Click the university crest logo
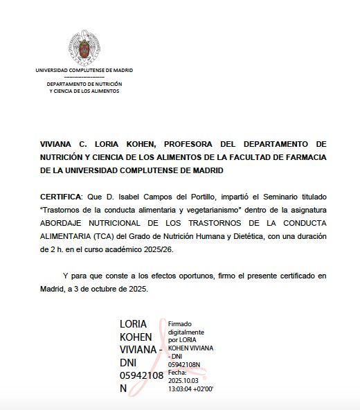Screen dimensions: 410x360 click(84, 48)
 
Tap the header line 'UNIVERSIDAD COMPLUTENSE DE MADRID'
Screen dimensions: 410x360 click(84, 71)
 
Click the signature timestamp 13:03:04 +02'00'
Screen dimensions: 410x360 click(191, 389)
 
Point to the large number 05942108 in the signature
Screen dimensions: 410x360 click(142, 375)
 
